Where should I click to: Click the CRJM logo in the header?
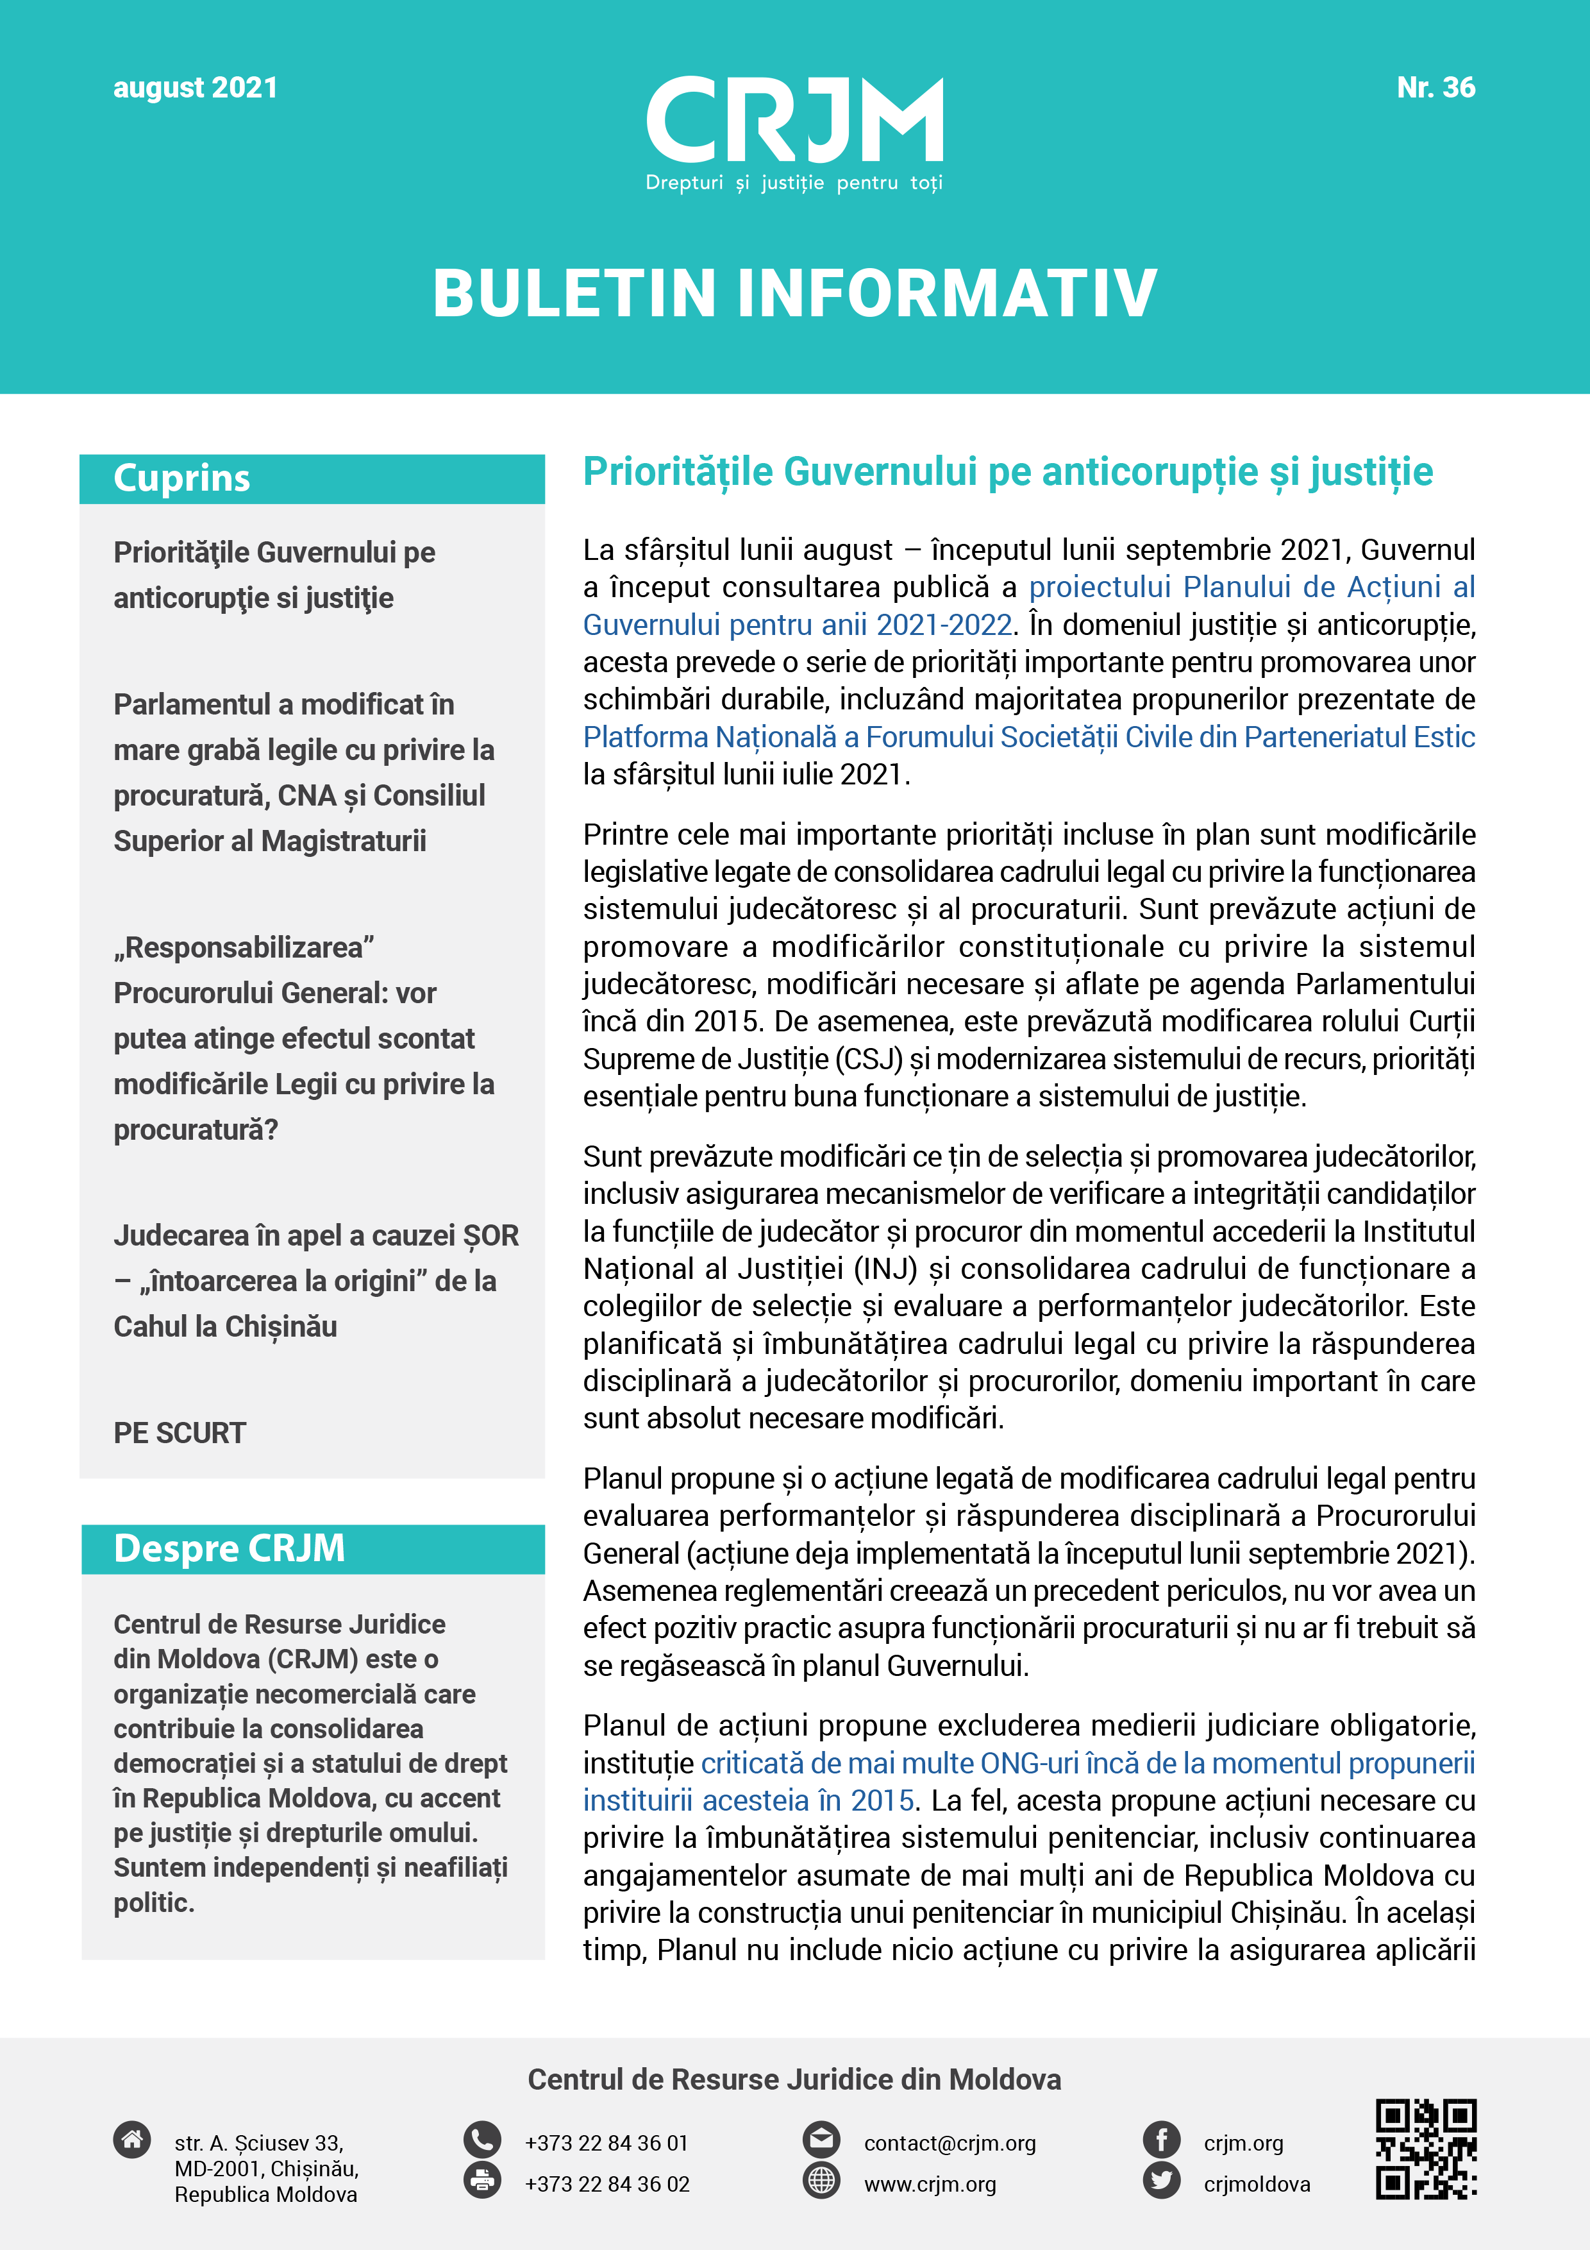pyautogui.click(x=794, y=132)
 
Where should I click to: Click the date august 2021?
pyautogui.click(x=195, y=89)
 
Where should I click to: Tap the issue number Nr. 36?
pyautogui.click(x=1435, y=89)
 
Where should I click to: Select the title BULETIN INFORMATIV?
pyautogui.click(x=794, y=293)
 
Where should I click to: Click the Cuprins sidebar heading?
pyautogui.click(x=182, y=478)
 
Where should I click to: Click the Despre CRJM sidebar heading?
pyautogui.click(x=230, y=1548)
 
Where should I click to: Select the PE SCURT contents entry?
pyautogui.click(x=180, y=1433)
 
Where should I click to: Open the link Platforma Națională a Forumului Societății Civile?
pyautogui.click(x=1028, y=737)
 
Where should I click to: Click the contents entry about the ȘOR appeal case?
pyautogui.click(x=315, y=1281)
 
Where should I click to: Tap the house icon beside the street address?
pyautogui.click(x=132, y=2139)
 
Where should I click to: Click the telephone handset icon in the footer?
pyautogui.click(x=482, y=2139)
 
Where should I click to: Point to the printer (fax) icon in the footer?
pyautogui.click(x=482, y=2181)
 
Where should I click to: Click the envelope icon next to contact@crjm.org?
pyautogui.click(x=821, y=2139)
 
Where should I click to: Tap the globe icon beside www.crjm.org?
pyautogui.click(x=821, y=2181)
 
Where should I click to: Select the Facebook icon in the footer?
pyautogui.click(x=1162, y=2139)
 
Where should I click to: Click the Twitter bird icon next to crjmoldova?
pyautogui.click(x=1162, y=2181)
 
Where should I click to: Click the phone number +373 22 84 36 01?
pyautogui.click(x=607, y=2143)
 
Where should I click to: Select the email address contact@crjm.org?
pyautogui.click(x=950, y=2143)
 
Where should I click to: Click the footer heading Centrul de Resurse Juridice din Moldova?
pyautogui.click(x=794, y=2079)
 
